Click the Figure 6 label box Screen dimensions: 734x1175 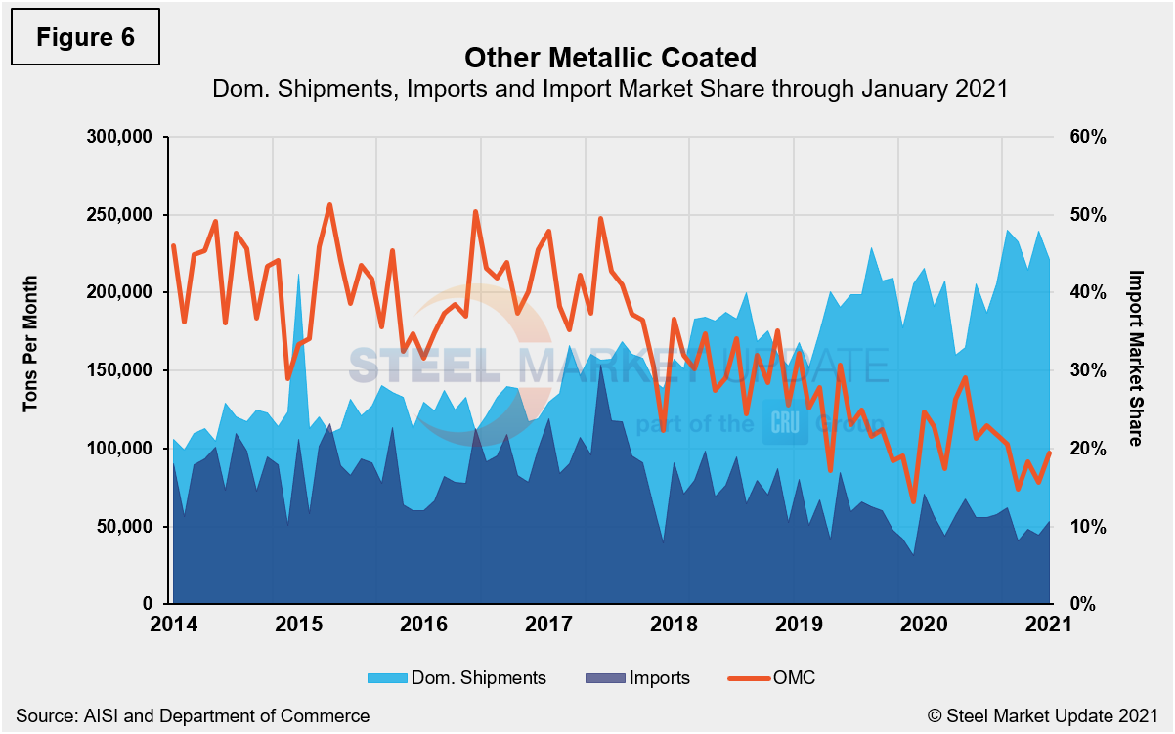pos(85,37)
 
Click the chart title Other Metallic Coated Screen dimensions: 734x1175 pos(610,57)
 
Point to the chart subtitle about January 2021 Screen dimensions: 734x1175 pos(610,89)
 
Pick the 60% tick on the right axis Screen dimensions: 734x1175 pos(1086,137)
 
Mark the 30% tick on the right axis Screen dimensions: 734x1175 pos(1086,370)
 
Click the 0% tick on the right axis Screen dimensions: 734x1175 pos(1082,605)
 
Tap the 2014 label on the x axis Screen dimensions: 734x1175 pos(171,625)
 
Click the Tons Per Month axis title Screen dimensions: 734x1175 pos(30,342)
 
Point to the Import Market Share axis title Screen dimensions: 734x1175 pos(1135,358)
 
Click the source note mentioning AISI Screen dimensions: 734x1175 pos(193,715)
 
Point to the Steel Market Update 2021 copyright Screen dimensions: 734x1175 pos(1041,715)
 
